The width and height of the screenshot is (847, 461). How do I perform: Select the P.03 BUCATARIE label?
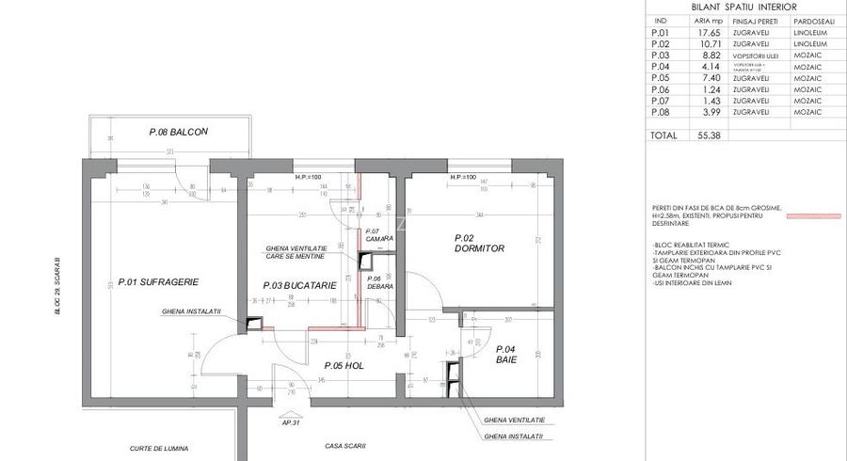[x=299, y=284]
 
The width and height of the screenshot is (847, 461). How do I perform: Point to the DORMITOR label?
[x=479, y=248]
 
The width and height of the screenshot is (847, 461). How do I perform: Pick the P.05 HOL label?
[x=344, y=365]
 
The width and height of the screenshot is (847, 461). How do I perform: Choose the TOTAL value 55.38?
[x=709, y=135]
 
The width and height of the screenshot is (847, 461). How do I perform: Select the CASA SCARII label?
[x=344, y=446]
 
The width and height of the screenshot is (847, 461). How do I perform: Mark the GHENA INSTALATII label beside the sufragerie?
[x=191, y=311]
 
